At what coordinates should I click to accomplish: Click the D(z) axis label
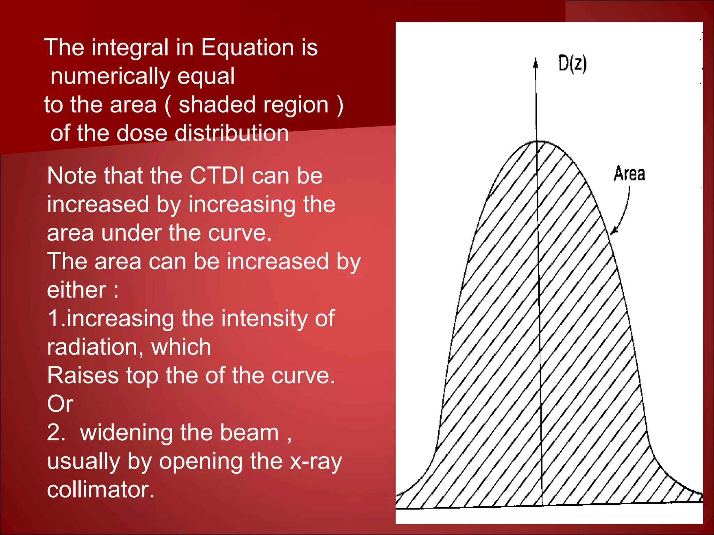tap(572, 64)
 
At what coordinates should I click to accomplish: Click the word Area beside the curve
tap(629, 173)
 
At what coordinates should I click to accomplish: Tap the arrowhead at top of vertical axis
tap(536, 63)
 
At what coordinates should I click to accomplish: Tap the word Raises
tap(83, 375)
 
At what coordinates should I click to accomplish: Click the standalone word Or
tap(60, 404)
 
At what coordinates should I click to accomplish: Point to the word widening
tap(127, 433)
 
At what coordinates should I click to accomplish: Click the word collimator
tap(100, 490)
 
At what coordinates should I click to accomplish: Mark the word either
tap(76, 290)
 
